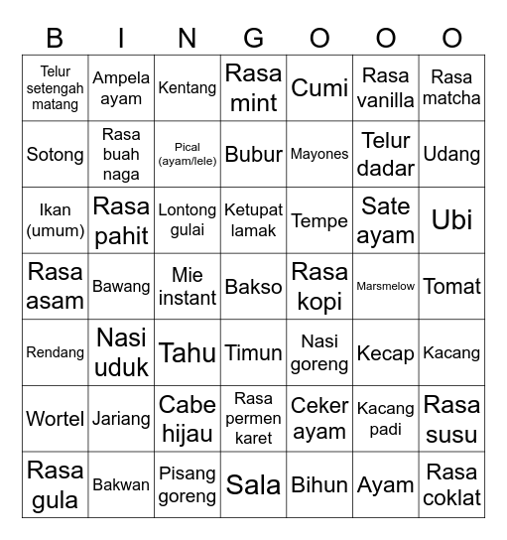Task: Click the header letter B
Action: click(x=55, y=38)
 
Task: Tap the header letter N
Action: click(x=188, y=38)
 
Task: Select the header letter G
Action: click(x=254, y=38)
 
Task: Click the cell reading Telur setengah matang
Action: click(x=56, y=87)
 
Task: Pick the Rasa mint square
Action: click(x=254, y=87)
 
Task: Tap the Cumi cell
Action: click(x=319, y=87)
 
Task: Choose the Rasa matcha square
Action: click(x=451, y=87)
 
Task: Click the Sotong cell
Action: click(x=56, y=154)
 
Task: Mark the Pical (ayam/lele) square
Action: click(x=188, y=154)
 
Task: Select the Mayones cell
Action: click(x=319, y=154)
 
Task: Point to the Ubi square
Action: click(x=451, y=219)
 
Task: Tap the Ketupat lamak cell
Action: click(x=254, y=219)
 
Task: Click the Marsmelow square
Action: click(x=386, y=286)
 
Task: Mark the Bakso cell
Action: click(x=254, y=286)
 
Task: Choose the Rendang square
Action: click(x=56, y=352)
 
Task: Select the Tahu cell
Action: click(x=188, y=352)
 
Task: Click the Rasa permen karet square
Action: click(x=254, y=418)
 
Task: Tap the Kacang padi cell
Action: click(x=386, y=418)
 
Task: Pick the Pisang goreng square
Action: click(x=188, y=484)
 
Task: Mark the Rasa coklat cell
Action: click(x=451, y=484)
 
